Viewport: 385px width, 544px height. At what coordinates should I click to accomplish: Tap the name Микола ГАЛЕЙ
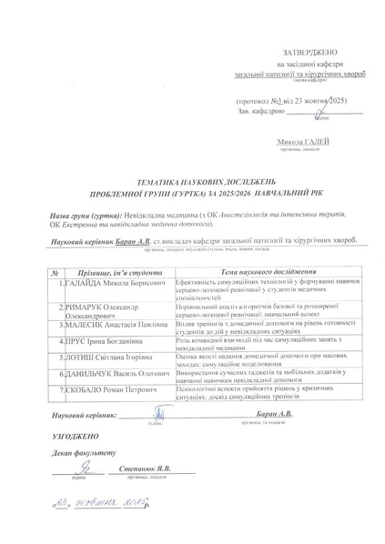[x=306, y=142]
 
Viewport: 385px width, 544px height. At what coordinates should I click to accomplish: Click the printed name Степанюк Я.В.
[x=145, y=468]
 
